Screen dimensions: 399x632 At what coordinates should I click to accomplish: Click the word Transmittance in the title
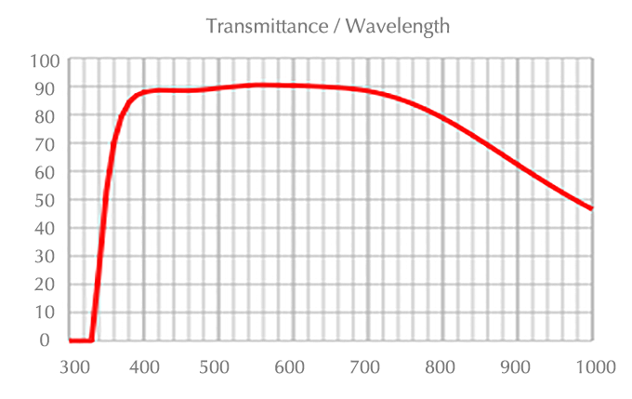coord(263,26)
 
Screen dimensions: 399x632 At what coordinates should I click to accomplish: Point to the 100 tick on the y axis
coord(46,60)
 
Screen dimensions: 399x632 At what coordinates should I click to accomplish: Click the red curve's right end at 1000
coord(591,208)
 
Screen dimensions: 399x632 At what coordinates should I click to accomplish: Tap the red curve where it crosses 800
coord(442,119)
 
